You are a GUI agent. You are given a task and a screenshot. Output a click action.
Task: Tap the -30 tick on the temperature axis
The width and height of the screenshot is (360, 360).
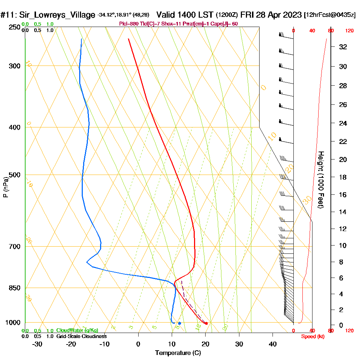pos(37,344)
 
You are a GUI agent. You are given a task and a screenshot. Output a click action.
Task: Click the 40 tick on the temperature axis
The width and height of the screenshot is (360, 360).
pos(273,344)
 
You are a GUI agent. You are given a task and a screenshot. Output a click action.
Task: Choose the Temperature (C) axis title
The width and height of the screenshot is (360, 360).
pos(178,353)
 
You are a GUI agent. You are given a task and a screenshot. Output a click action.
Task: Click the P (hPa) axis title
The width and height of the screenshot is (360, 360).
pos(5,187)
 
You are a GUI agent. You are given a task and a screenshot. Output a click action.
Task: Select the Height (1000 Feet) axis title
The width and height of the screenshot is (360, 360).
pos(320,180)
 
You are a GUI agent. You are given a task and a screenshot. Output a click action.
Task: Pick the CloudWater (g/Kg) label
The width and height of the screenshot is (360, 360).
pos(77,330)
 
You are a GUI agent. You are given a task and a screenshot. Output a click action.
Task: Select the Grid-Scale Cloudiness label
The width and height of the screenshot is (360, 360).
pos(81,336)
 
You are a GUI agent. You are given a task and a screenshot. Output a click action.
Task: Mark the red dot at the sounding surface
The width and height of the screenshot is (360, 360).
pos(206,323)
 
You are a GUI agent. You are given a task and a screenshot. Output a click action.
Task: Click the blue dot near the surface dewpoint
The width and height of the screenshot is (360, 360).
pos(179,323)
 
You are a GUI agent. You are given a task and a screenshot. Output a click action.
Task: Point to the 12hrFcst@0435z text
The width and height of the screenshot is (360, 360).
pos(330,15)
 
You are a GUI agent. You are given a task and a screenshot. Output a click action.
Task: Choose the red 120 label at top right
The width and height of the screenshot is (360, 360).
pos(349,31)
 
